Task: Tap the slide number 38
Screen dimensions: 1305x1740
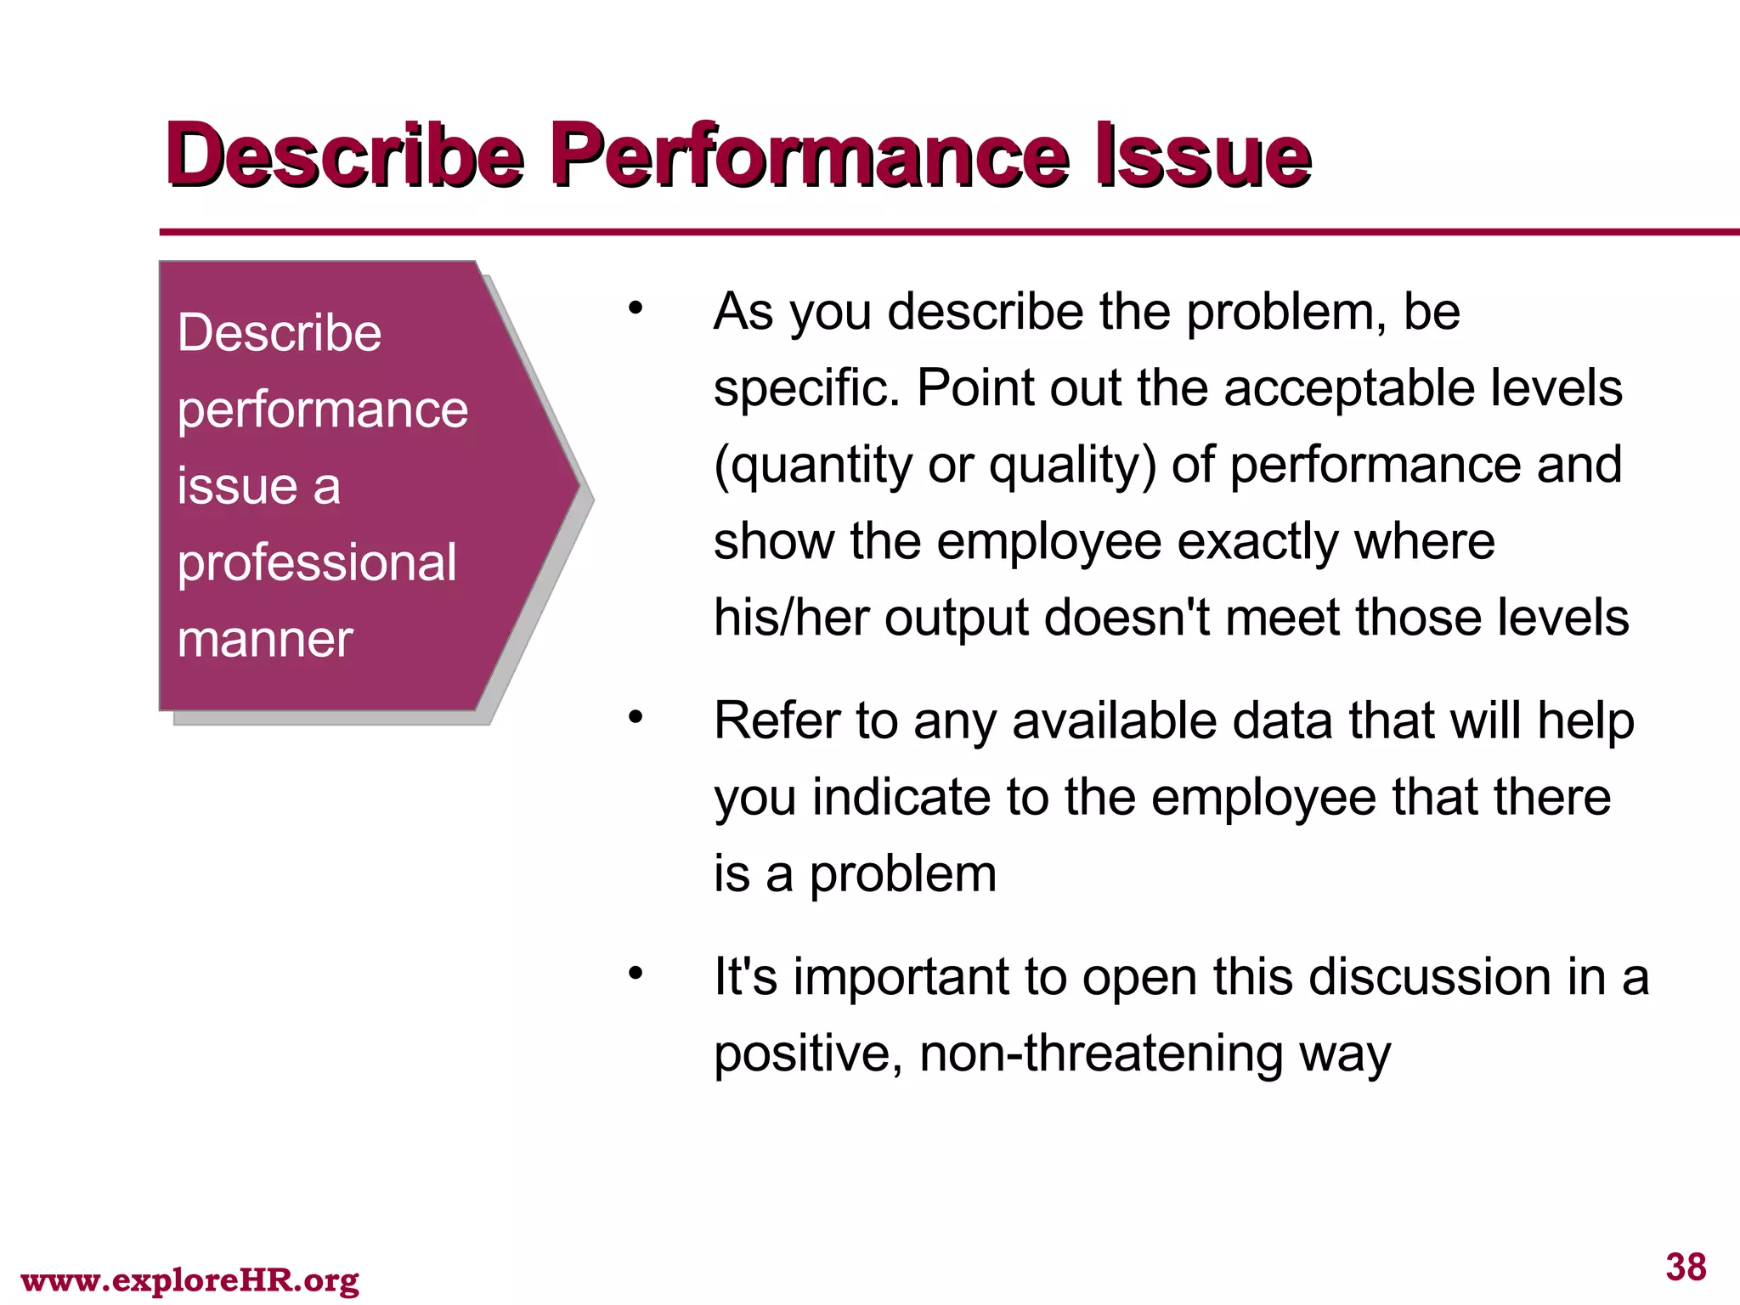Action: coord(1686,1267)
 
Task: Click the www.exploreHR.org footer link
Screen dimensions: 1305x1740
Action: coord(189,1280)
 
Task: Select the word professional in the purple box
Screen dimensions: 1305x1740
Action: coord(317,562)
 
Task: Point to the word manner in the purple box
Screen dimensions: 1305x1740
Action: coord(265,639)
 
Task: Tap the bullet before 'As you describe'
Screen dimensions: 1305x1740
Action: coord(636,308)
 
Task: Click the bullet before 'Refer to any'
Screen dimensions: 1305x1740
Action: coord(636,718)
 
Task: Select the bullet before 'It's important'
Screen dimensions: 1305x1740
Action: coord(636,974)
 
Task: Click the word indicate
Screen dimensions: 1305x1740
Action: coord(901,797)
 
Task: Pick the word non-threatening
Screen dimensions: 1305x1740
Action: coord(1101,1054)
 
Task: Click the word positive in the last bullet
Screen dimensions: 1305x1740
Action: coord(808,1054)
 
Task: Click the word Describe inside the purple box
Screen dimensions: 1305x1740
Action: coord(280,332)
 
